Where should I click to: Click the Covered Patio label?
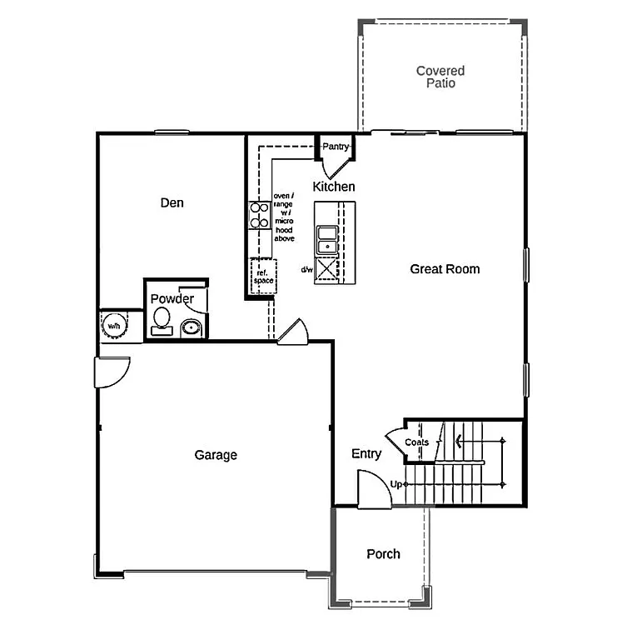pos(440,77)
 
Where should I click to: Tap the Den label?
pos(172,202)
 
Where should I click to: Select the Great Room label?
pos(445,268)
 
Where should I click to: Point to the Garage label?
pos(216,455)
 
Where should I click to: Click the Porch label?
pos(383,553)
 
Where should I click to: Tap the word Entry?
pos(366,453)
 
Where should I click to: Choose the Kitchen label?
pos(333,187)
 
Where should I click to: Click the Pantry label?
pos(336,147)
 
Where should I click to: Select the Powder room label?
pos(172,298)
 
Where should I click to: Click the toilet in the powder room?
pos(162,320)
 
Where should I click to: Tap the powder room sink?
pos(192,327)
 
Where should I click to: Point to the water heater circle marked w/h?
pos(112,326)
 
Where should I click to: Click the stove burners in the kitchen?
pos(259,216)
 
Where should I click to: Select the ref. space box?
pos(263,277)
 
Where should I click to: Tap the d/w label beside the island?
pos(306,269)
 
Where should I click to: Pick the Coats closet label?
pos(416,442)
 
